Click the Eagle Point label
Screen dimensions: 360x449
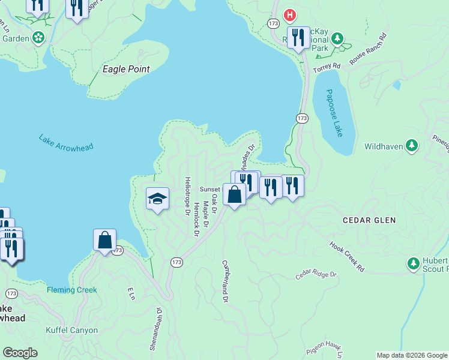126,69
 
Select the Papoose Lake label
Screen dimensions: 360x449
334,113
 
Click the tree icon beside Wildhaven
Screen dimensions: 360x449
412,146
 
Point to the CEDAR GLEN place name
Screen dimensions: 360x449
369,220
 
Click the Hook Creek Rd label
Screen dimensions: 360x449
347,257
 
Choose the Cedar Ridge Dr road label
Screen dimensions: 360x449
316,275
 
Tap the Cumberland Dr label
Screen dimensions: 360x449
225,281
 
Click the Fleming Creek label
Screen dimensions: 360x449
71,290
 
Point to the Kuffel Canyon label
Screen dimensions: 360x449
71,330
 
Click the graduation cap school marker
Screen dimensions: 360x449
157,199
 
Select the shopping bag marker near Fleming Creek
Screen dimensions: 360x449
105,239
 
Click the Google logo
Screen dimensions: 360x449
20,353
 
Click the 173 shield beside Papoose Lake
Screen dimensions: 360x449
301,119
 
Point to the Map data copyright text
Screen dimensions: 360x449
412,355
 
